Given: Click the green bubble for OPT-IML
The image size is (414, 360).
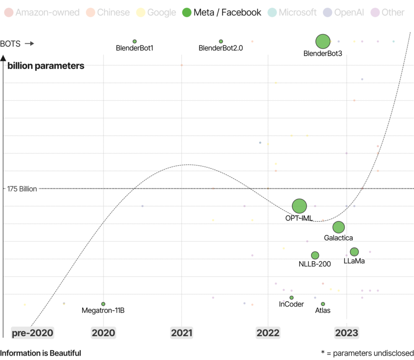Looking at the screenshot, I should pyautogui.click(x=299, y=206).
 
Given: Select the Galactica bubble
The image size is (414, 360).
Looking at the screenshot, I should pyautogui.click(x=339, y=227).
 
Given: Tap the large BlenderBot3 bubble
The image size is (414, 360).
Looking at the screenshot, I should pyautogui.click(x=323, y=41).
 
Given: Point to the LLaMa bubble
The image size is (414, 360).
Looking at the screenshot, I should pyautogui.click(x=354, y=252).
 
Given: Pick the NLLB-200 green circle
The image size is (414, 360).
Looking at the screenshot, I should pyautogui.click(x=315, y=255).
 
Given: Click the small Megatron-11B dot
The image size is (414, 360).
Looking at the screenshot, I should pyautogui.click(x=103, y=304).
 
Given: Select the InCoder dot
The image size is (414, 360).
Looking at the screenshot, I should pyautogui.click(x=292, y=297).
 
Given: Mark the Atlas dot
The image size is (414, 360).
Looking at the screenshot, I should pyautogui.click(x=323, y=304).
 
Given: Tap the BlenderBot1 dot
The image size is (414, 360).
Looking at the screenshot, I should pyautogui.click(x=135, y=41).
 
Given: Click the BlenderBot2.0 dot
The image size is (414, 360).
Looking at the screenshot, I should pyautogui.click(x=221, y=41).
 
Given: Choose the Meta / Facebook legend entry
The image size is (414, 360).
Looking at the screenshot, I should pyautogui.click(x=222, y=13).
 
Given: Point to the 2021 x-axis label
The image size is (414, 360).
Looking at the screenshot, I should pyautogui.click(x=182, y=333).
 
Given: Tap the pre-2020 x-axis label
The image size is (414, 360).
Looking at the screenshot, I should pyautogui.click(x=33, y=333).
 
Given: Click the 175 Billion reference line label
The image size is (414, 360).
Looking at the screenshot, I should pyautogui.click(x=22, y=189).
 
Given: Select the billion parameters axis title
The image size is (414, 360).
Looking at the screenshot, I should pyautogui.click(x=46, y=66).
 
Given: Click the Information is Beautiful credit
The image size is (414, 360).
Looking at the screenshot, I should pyautogui.click(x=41, y=353).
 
